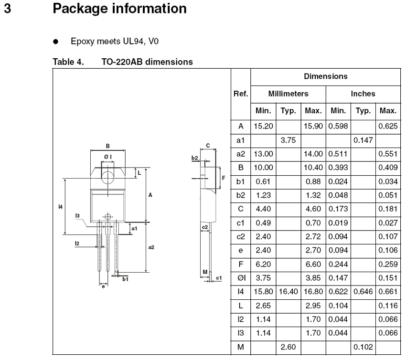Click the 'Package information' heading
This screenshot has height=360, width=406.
[119, 9]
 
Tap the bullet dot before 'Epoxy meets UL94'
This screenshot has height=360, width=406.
[55, 42]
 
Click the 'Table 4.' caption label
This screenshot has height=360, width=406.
[68, 62]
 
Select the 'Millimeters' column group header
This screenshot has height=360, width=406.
[288, 94]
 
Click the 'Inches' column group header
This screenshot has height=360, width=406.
[363, 94]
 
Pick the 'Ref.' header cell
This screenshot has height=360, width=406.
[241, 94]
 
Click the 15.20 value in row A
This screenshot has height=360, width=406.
[263, 127]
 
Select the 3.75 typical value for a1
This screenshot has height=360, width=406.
[288, 140]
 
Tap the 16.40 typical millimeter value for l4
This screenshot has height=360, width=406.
[288, 292]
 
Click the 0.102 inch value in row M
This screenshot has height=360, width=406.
[363, 347]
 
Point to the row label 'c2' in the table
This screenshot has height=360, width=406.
[241, 236]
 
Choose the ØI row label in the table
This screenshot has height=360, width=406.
[241, 278]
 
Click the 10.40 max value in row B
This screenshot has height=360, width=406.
[313, 168]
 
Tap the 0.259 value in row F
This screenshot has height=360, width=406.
[388, 264]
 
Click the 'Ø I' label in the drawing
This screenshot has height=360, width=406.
[108, 157]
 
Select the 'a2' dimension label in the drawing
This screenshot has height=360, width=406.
[151, 247]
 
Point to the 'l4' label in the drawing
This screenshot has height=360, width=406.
[60, 207]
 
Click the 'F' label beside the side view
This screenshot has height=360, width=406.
[224, 178]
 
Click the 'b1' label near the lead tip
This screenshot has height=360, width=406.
[125, 279]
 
